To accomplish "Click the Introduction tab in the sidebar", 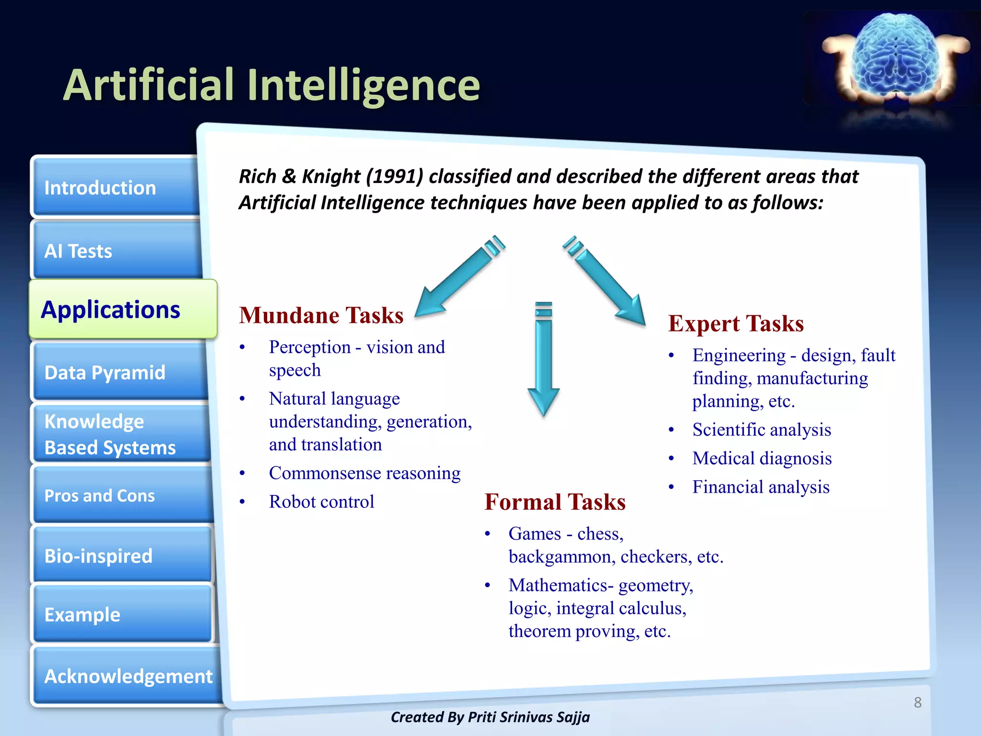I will pos(115,187).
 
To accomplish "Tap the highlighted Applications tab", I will pos(123,310).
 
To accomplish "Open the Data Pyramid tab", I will pos(120,372).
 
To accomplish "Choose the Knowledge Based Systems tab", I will pos(121,434).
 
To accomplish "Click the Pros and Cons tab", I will pos(122,495).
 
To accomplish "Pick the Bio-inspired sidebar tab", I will pos(122,556).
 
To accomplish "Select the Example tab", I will pos(122,614).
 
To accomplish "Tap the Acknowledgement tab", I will pos(127,676).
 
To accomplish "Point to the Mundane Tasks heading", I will pos(321,315).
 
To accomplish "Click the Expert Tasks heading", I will pos(736,323).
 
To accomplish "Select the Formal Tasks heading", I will pos(555,502).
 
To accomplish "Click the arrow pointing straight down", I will pos(544,359).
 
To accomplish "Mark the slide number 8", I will pos(917,702).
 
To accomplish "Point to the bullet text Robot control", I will pos(321,502).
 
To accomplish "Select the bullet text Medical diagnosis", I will pos(762,458).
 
